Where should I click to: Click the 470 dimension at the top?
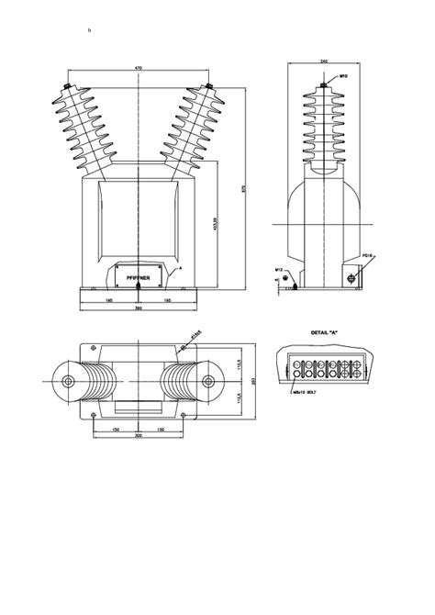click(x=139, y=68)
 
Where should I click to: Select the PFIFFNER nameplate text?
click(x=138, y=274)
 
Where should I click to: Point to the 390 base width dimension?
click(x=139, y=307)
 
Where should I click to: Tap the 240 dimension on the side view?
click(x=324, y=61)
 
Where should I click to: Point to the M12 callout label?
click(x=279, y=270)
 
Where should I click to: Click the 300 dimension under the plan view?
click(x=139, y=437)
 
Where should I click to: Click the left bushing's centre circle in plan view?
click(x=67, y=381)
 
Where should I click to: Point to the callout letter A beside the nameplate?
click(x=181, y=266)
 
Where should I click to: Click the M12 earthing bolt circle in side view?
click(x=285, y=277)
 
